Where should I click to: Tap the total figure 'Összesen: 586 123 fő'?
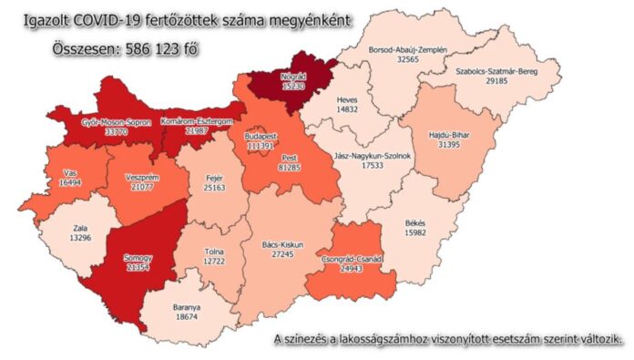(117, 46)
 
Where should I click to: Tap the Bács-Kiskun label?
(281, 244)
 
